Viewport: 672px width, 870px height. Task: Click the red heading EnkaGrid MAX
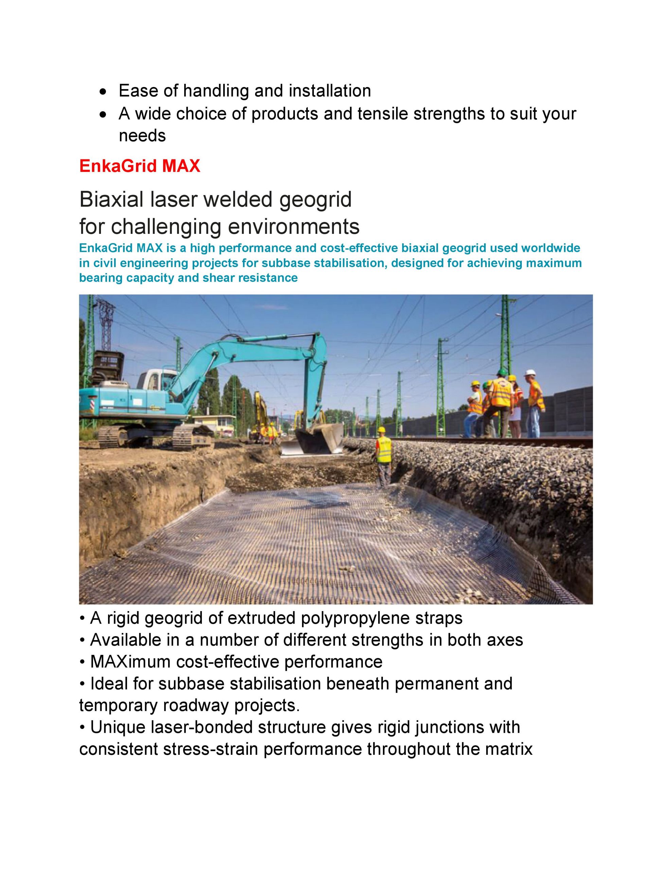click(139, 166)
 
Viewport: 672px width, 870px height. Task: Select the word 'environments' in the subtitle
click(294, 227)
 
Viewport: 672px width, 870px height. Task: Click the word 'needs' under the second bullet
click(142, 136)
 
